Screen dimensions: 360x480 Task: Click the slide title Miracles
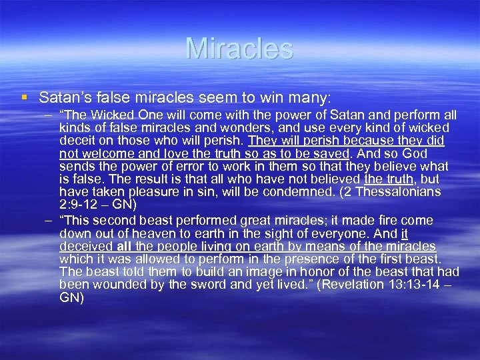pyautogui.click(x=239, y=48)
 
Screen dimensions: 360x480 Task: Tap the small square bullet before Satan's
pyautogui.click(x=25, y=97)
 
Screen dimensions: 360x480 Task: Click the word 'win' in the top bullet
pyautogui.click(x=267, y=97)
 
